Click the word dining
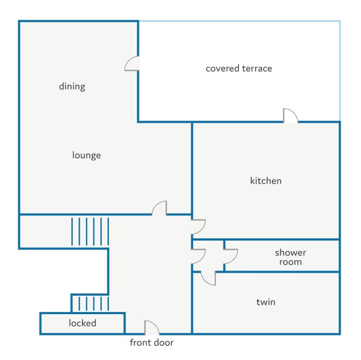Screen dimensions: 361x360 [x=72, y=86]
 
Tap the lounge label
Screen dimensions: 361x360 [x=86, y=155]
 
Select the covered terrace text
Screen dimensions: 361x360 [x=239, y=69]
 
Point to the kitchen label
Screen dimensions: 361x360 [x=266, y=181]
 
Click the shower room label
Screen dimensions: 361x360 [x=290, y=257]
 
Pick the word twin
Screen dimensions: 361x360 [x=266, y=302]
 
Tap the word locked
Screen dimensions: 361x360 [x=82, y=323]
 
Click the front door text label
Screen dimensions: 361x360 [x=152, y=342]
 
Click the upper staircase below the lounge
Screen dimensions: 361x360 [x=90, y=231]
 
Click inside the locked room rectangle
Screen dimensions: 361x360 [x=82, y=323]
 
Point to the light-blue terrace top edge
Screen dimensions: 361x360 [x=239, y=21]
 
